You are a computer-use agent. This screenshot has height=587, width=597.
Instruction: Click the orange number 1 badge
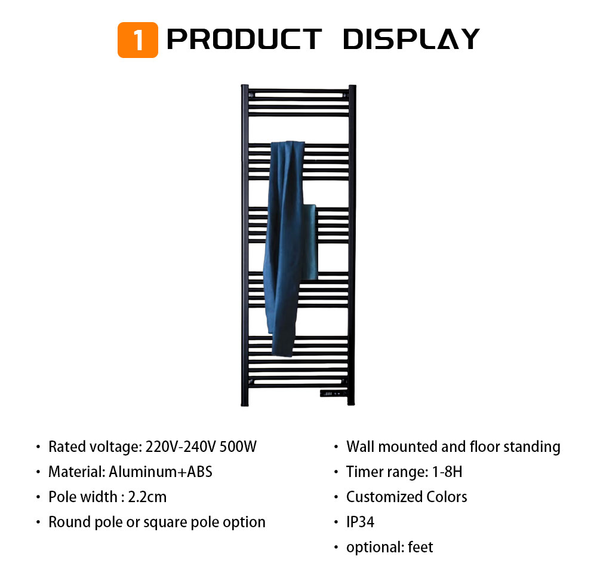pos(138,40)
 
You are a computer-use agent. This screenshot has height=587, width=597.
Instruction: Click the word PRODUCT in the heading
pos(244,39)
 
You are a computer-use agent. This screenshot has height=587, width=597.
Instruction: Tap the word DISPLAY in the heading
pos(411,39)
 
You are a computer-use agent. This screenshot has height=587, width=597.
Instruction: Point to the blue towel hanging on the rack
pos(290,247)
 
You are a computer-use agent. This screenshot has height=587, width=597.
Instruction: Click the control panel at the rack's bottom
pos(333,393)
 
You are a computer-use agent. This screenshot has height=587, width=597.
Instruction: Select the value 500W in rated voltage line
pos(238,447)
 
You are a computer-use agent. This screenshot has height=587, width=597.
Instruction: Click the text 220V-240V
pos(181,447)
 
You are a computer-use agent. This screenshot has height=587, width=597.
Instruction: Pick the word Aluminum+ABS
pos(161,472)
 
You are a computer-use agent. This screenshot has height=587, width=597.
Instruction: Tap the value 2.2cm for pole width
pos(147,497)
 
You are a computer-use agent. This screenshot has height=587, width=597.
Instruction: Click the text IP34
pos(360,522)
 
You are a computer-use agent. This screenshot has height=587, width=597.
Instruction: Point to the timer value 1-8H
pos(447,472)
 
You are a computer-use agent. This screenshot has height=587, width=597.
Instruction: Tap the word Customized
pos(384,497)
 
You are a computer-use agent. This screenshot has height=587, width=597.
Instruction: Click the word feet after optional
pos(420,548)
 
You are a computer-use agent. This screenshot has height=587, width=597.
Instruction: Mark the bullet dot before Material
pos(38,472)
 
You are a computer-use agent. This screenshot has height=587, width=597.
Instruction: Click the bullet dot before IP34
pos(336,522)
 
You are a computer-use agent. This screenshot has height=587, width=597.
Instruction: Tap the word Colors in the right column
pos(447,497)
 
